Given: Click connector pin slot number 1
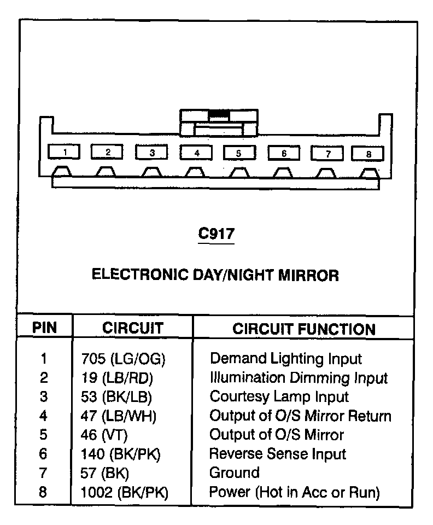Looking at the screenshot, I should pyautogui.click(x=65, y=151).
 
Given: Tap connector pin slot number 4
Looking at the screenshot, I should pyautogui.click(x=196, y=153).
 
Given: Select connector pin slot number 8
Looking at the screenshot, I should pyautogui.click(x=368, y=154).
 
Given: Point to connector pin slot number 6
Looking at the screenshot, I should pyautogui.click(x=283, y=153).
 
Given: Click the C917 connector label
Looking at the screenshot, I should pyautogui.click(x=216, y=234).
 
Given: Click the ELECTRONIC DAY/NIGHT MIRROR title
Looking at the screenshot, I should pyautogui.click(x=215, y=275).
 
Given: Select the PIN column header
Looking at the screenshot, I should pyautogui.click(x=44, y=328).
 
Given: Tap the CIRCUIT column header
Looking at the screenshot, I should pyautogui.click(x=133, y=328).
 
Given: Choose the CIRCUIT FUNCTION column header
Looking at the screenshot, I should pyautogui.click(x=304, y=329).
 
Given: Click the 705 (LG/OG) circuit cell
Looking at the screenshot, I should pyautogui.click(x=122, y=359).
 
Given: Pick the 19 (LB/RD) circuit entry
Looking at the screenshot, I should pyautogui.click(x=116, y=378).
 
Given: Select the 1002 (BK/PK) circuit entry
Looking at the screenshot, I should pyautogui.click(x=124, y=492).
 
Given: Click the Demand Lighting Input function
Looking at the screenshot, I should pyautogui.click(x=285, y=359).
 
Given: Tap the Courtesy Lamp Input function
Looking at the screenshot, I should pyautogui.click(x=279, y=396).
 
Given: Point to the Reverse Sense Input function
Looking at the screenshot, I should pyautogui.click(x=278, y=454).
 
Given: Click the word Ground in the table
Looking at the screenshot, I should pyautogui.click(x=235, y=472).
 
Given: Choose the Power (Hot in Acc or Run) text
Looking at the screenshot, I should pyautogui.click(x=294, y=492).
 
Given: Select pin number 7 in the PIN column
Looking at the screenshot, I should pyautogui.click(x=44, y=473).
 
